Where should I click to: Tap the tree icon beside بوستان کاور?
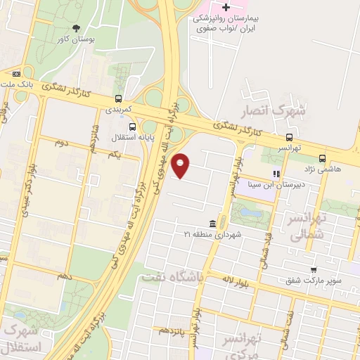(76, 29)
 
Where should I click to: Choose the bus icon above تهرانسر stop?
(289, 138)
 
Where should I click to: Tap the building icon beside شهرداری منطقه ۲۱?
(212, 224)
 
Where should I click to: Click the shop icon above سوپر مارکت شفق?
(313, 269)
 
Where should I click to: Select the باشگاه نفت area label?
(173, 277)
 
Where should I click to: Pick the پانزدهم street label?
(172, 330)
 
